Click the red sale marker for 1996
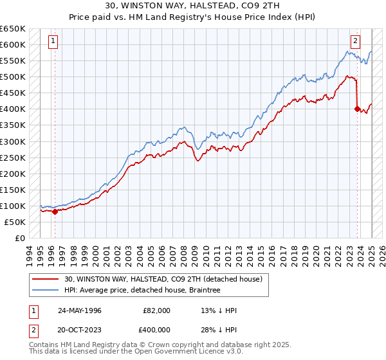55,212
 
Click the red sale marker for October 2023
357,109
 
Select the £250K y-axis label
14,157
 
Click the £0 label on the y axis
19,238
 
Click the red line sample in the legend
46,280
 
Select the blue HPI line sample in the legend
46,291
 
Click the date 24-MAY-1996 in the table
80,310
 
